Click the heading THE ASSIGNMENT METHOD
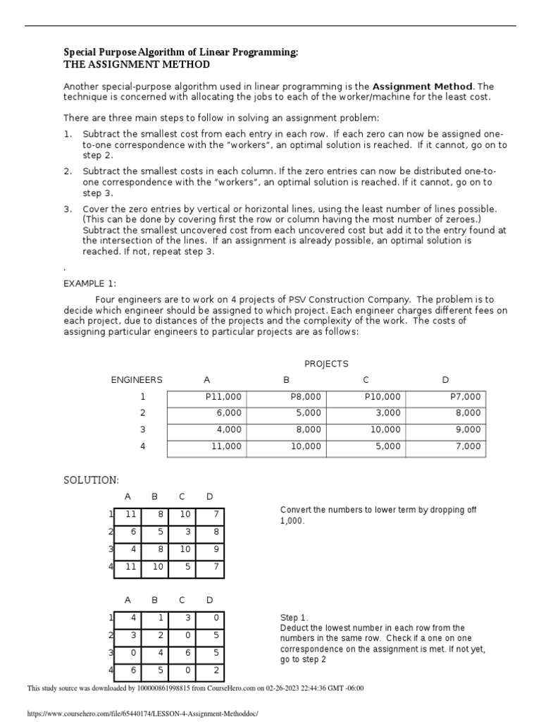click(137, 65)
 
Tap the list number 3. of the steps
click(68, 209)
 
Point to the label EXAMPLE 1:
click(90, 283)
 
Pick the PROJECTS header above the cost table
click(326, 364)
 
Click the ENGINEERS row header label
click(137, 380)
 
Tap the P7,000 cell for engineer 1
click(465, 397)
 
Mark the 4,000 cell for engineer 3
click(229, 429)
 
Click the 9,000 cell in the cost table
click(468, 429)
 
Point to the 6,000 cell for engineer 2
click(229, 413)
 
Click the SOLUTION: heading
click(92, 480)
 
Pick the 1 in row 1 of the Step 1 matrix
click(161, 618)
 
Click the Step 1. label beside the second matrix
click(294, 618)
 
